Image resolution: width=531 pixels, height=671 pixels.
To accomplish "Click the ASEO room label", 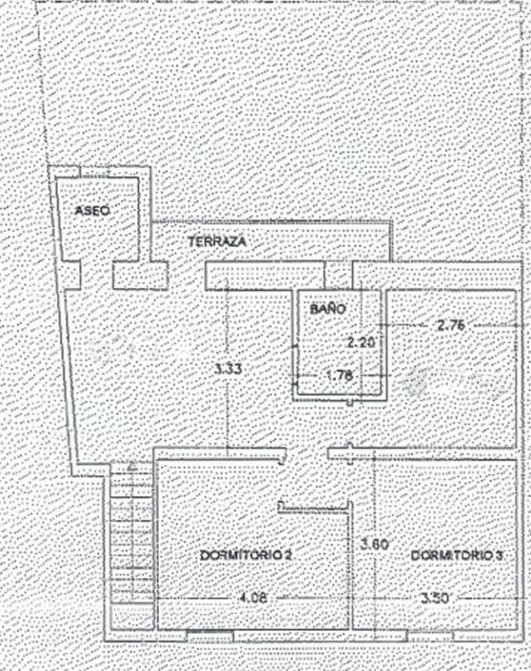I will [x=93, y=211].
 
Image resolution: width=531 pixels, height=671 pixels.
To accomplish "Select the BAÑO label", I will [x=327, y=308].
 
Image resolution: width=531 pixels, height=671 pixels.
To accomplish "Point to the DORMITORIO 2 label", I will [x=246, y=555].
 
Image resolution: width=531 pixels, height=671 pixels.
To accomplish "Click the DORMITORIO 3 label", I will [x=458, y=555].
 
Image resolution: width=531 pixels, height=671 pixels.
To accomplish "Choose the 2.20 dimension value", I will [x=360, y=342].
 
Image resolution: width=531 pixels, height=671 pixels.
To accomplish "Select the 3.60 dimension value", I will [x=375, y=544].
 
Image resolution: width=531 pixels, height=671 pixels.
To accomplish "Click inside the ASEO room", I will [x=98, y=234].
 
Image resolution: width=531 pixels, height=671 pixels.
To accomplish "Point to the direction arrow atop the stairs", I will [x=133, y=466].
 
